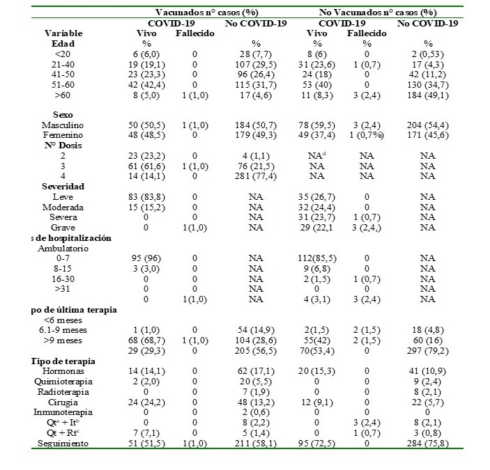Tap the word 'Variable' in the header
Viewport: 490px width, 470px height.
63,33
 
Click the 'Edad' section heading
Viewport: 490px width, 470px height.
63,43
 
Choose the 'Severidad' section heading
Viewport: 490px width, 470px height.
63,187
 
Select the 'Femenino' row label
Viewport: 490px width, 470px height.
63,133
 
